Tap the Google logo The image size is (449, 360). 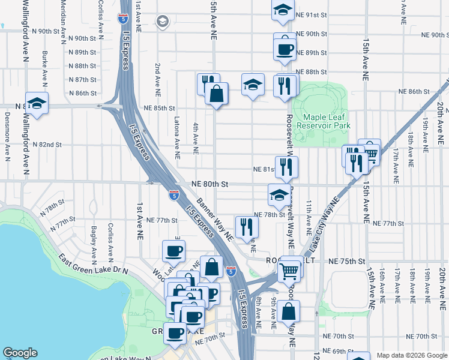click(x=20, y=353)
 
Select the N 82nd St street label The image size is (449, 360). click(x=47, y=145)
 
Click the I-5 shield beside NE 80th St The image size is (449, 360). click(x=173, y=194)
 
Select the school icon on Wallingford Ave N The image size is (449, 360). click(x=37, y=103)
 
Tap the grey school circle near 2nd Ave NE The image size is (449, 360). click(x=162, y=22)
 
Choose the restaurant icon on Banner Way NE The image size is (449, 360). click(x=247, y=226)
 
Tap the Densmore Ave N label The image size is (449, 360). click(x=7, y=144)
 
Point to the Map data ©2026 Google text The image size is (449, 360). click(x=411, y=355)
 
